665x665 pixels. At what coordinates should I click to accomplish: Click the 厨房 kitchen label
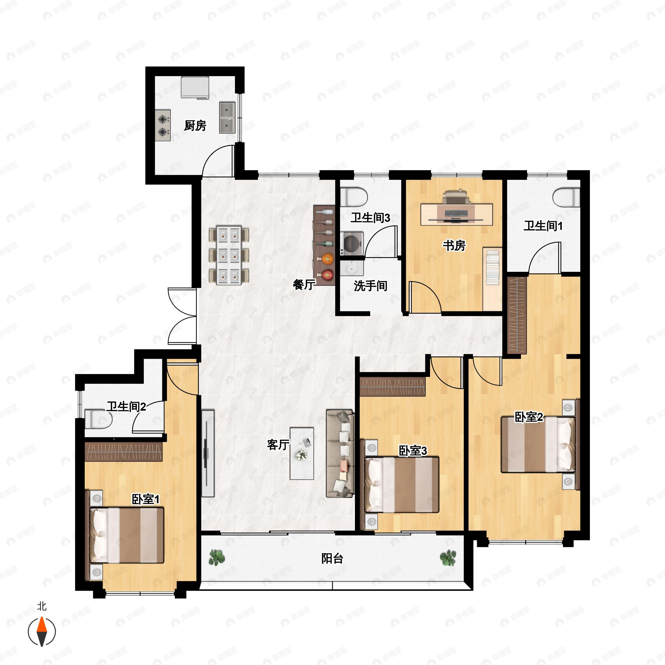click(195, 126)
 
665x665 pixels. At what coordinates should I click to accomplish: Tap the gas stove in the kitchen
click(163, 125)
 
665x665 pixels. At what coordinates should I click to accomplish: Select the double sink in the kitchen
click(227, 118)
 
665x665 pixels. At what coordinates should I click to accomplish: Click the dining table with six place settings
click(229, 255)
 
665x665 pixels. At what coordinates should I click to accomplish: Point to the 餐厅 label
click(304, 285)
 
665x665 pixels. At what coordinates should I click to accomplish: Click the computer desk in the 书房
click(456, 215)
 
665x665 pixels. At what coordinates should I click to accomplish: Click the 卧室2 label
click(529, 417)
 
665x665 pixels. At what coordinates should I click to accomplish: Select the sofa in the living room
click(340, 453)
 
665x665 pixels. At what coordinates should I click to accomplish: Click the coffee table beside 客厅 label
click(301, 453)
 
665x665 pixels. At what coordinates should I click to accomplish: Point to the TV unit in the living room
click(208, 453)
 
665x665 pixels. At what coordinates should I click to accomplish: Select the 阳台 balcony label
click(332, 558)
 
